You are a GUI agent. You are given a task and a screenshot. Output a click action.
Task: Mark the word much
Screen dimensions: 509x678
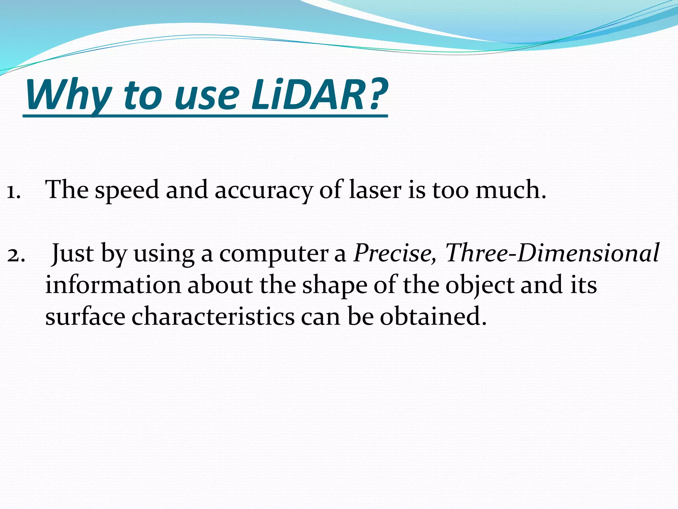[x=510, y=190]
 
